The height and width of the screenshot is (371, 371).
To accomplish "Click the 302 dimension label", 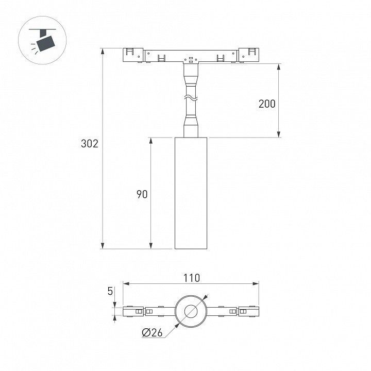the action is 90,144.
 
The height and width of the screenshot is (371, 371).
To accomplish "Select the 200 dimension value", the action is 267,104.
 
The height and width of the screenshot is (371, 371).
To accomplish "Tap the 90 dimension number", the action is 142,194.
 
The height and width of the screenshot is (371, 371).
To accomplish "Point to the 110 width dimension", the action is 192,278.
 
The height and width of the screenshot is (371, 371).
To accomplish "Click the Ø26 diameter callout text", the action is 153,333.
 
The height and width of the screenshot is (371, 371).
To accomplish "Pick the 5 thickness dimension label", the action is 110,291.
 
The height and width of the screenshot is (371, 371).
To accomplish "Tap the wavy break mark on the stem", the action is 191,98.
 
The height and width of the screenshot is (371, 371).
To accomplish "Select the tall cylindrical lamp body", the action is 191,193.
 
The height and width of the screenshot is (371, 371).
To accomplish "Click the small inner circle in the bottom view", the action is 191,311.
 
